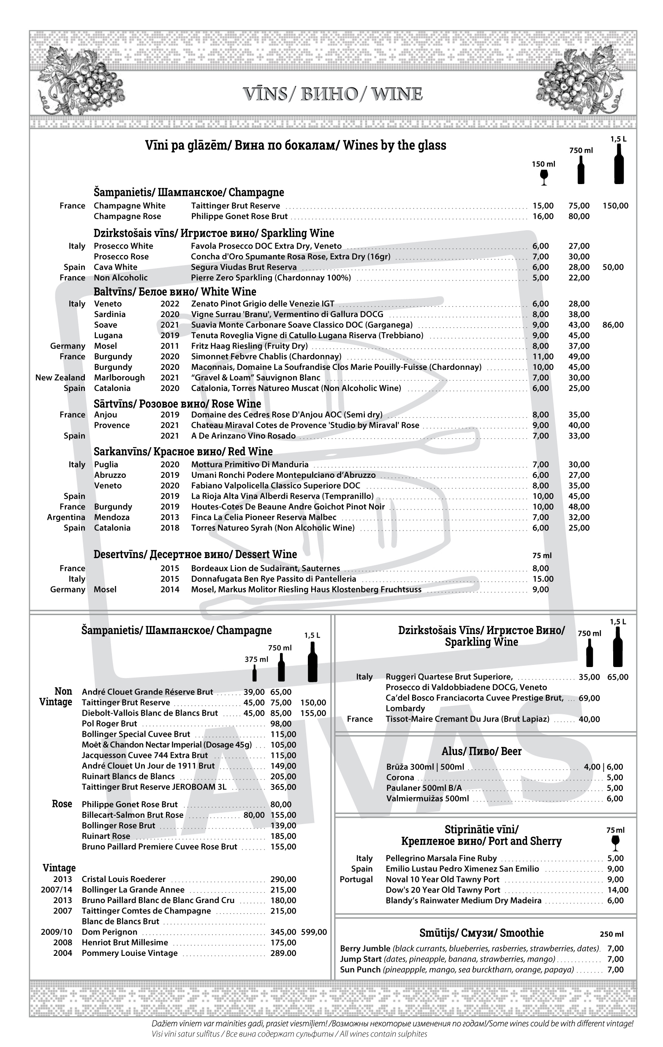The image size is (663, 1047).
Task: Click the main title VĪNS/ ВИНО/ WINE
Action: (x=332, y=94)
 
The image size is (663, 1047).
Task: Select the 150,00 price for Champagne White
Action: (x=615, y=206)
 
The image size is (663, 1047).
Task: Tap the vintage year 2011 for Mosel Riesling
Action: (x=170, y=346)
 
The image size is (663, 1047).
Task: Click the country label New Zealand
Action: (x=60, y=377)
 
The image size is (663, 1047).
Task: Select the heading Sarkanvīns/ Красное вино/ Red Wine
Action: (x=183, y=451)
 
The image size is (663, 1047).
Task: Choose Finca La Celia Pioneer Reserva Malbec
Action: (x=264, y=517)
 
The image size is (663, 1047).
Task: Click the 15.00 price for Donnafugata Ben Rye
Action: (x=543, y=579)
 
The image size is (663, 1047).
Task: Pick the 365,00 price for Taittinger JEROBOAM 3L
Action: (x=283, y=787)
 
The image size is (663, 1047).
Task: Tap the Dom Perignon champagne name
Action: (x=110, y=932)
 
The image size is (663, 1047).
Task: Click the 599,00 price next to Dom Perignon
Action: (x=313, y=932)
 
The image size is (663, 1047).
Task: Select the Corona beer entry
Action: (x=400, y=777)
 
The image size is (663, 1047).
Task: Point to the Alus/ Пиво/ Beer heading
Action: (x=481, y=751)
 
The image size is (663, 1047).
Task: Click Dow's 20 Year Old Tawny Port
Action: (x=443, y=890)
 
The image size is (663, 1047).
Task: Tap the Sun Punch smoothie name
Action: (x=360, y=969)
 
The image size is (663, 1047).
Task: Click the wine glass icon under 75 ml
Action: (x=615, y=842)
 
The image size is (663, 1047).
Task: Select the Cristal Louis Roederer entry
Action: (x=124, y=879)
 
